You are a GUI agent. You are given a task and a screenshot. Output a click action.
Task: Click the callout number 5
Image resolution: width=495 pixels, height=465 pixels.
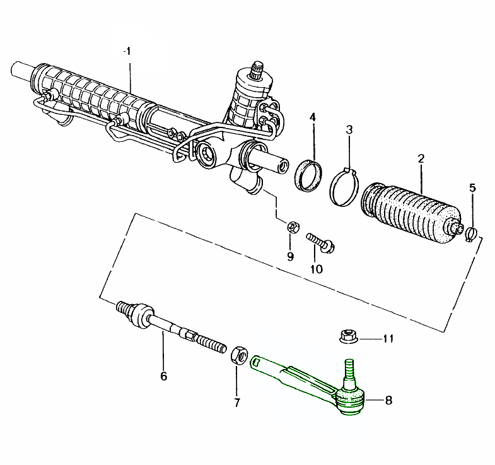point(473,187)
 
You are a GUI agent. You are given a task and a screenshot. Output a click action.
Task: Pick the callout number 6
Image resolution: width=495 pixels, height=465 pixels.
point(163,376)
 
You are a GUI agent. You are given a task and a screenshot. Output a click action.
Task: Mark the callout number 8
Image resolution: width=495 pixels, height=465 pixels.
point(388,400)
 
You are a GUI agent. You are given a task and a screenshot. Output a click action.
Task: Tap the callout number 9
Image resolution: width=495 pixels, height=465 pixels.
point(290,256)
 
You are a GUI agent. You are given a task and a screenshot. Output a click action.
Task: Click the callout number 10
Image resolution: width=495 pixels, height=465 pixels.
point(316,268)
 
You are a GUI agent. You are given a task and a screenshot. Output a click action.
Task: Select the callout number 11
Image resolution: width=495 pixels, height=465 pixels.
point(387,338)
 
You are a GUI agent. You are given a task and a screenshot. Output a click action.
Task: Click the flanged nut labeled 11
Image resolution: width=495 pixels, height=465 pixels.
point(346,337)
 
